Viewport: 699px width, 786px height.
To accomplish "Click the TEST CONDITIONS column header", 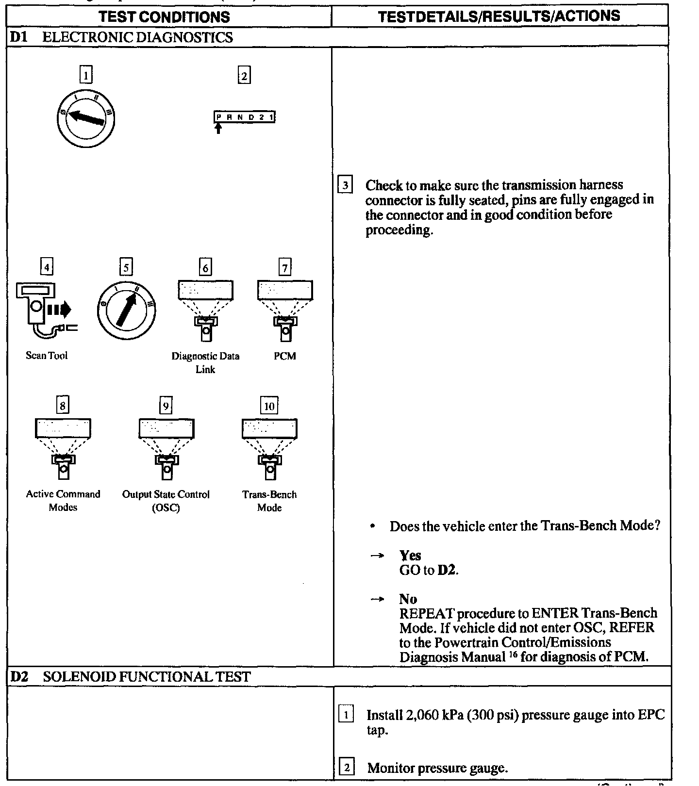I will coord(164,17).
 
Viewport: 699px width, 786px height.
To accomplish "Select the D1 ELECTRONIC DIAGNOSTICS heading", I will coord(121,37).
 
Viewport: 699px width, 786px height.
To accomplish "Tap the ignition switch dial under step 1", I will coord(85,118).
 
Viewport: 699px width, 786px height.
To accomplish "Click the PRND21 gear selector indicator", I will coord(245,117).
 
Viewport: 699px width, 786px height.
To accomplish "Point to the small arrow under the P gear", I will coord(218,128).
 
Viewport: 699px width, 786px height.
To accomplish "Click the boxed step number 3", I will coord(345,185).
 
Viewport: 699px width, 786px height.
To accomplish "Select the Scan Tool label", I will coord(47,356).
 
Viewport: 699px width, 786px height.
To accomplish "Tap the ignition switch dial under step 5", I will coord(126,309).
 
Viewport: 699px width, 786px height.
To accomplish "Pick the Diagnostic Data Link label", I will coord(205,362).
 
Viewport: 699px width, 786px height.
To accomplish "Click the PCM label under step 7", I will coord(284,356).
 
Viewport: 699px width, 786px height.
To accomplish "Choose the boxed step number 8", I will coord(63,404).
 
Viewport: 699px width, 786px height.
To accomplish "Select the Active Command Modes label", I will coord(63,501).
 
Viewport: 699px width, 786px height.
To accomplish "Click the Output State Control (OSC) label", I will coord(166,501).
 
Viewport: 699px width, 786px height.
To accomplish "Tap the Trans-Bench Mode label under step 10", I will coord(269,501).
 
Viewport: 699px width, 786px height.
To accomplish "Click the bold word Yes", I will coord(410,556).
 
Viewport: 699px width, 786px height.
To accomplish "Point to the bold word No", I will coord(408,599).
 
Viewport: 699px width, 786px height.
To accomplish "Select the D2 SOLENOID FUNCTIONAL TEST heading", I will coord(130,676).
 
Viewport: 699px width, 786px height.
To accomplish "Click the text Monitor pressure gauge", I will coord(437,768).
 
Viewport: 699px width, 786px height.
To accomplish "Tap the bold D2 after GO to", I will coord(448,570).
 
